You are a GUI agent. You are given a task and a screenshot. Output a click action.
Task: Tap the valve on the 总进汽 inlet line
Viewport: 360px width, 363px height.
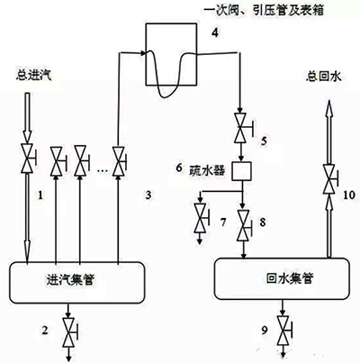coord(27,159)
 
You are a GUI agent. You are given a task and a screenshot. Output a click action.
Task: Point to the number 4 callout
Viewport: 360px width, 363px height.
coord(215,33)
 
